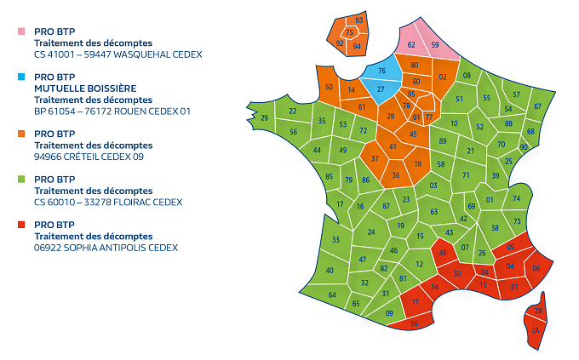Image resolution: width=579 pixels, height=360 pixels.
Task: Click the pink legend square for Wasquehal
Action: pos(21,31)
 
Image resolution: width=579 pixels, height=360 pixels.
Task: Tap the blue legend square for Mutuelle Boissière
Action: pos(21,77)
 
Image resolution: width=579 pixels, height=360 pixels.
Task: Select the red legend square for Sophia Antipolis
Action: pos(21,225)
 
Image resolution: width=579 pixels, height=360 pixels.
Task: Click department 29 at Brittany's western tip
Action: pos(264,118)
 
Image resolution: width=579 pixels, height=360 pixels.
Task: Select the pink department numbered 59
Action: pos(435,44)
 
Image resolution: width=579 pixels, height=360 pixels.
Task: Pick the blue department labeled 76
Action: pos(382,71)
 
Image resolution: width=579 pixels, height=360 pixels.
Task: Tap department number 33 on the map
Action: pos(335,240)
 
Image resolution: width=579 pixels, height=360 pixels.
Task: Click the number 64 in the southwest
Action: pos(332,295)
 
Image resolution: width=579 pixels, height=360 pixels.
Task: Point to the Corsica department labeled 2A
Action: pos(536,329)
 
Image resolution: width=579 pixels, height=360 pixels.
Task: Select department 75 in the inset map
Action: pos(349,32)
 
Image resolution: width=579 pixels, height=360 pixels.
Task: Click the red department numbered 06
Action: pos(536,269)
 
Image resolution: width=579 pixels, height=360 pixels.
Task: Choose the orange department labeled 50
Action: pos(329,87)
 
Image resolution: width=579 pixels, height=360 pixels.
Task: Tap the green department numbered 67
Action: pos(537,106)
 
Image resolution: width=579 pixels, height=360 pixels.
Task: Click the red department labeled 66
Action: pos(415,323)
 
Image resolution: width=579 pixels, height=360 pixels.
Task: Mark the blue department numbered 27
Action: pos(381,89)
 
